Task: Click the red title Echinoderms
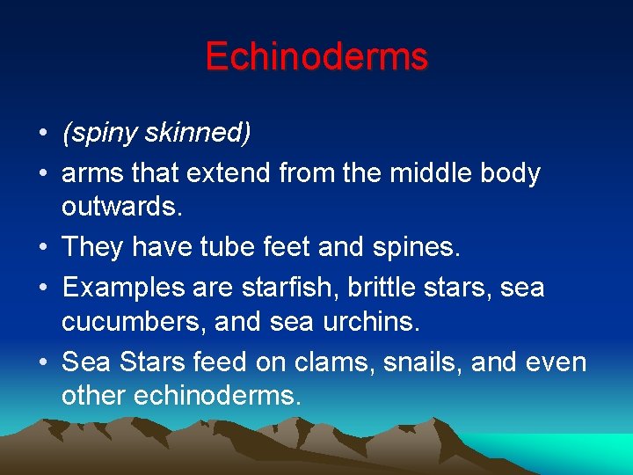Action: tap(316, 56)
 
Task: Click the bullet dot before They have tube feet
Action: tap(42, 248)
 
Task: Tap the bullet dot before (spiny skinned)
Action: tap(42, 135)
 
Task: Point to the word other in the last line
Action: tap(93, 395)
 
